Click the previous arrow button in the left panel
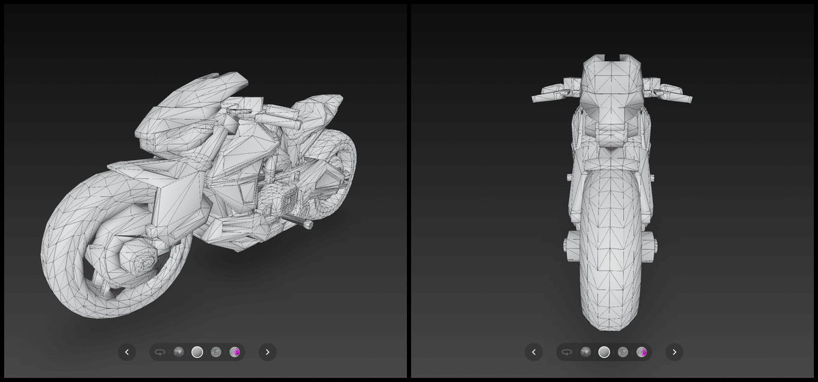coord(127,352)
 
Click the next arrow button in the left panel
coord(267,352)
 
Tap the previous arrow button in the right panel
coord(534,352)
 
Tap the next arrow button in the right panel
coord(674,352)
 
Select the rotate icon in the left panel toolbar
coord(160,352)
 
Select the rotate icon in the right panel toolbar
coord(567,352)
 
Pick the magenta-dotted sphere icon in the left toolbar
coord(235,352)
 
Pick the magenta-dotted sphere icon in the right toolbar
coord(641,352)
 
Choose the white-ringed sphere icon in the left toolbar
coord(197,352)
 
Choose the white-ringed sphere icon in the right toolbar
coord(604,352)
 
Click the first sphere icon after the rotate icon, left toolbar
coord(179,352)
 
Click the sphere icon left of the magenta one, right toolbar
coord(622,352)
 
